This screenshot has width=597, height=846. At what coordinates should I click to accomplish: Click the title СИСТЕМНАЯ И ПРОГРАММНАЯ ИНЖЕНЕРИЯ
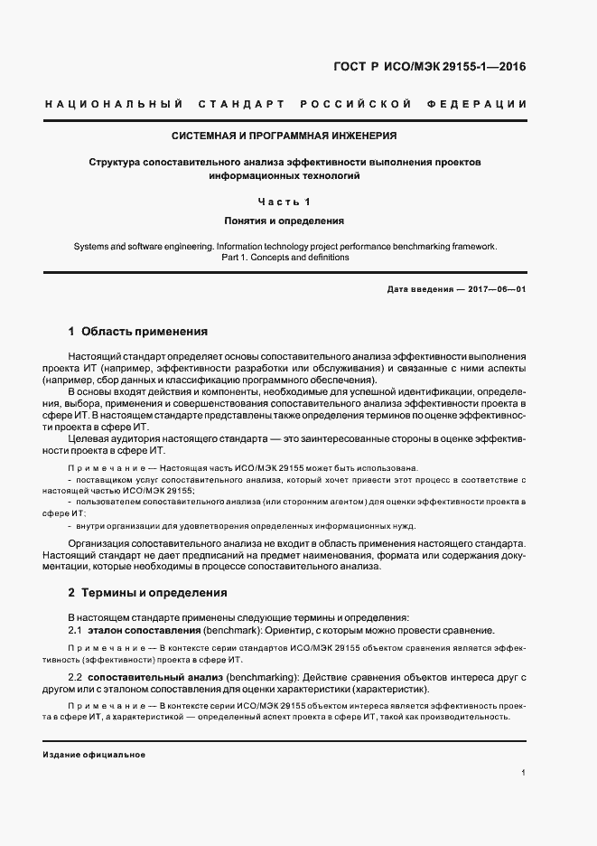click(285, 136)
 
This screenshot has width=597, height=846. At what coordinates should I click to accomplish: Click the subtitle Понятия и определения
click(285, 220)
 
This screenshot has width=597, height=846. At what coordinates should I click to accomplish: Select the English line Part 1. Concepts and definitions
click(285, 258)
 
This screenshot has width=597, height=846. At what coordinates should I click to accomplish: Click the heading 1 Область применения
click(138, 332)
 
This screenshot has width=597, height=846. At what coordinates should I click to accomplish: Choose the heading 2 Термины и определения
click(147, 593)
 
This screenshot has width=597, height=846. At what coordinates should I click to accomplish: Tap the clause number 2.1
click(76, 629)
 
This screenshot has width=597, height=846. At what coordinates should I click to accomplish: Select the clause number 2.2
click(76, 677)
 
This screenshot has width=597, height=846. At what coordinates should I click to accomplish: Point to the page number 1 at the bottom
click(524, 773)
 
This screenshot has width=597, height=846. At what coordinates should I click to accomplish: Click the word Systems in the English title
click(91, 246)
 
